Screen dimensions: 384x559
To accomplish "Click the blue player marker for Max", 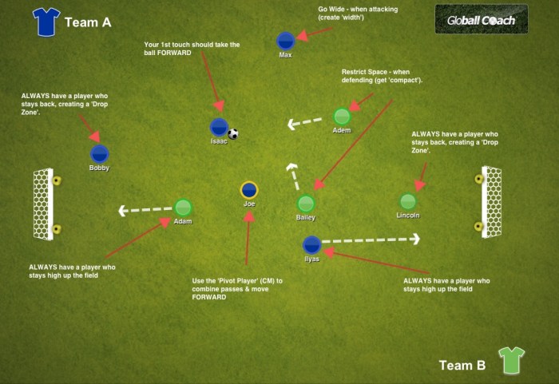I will pyautogui.click(x=285, y=42).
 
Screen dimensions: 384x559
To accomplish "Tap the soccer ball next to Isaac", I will pyautogui.click(x=233, y=134).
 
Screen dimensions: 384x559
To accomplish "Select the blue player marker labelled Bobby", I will pyautogui.click(x=99, y=154).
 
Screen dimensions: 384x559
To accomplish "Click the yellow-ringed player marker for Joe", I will pyautogui.click(x=249, y=190).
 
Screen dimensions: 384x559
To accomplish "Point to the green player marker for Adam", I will pyautogui.click(x=183, y=208).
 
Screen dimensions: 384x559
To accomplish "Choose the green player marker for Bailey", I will pyautogui.click(x=305, y=204).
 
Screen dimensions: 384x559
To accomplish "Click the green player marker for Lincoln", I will pyautogui.click(x=407, y=202).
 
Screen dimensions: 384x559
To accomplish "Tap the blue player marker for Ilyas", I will pyautogui.click(x=311, y=245).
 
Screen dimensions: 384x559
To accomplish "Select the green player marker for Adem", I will pyautogui.click(x=342, y=117).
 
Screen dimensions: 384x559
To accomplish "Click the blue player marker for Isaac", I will pyautogui.click(x=219, y=127).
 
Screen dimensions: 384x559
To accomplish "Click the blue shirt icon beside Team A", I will pyautogui.click(x=46, y=22).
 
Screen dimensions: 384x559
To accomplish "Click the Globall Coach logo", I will pyautogui.click(x=481, y=19).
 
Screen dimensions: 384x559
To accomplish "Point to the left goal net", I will pyautogui.click(x=43, y=204).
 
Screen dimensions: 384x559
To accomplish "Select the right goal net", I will pyautogui.click(x=491, y=202).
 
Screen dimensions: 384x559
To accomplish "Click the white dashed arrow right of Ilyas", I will pyautogui.click(x=371, y=239).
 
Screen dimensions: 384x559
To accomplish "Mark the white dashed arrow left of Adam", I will pyautogui.click(x=145, y=210).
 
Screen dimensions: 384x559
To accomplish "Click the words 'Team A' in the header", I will pyautogui.click(x=87, y=22).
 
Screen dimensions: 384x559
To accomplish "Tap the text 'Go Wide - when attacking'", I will pyautogui.click(x=358, y=10).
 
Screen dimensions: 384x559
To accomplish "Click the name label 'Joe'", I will pyautogui.click(x=249, y=204).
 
